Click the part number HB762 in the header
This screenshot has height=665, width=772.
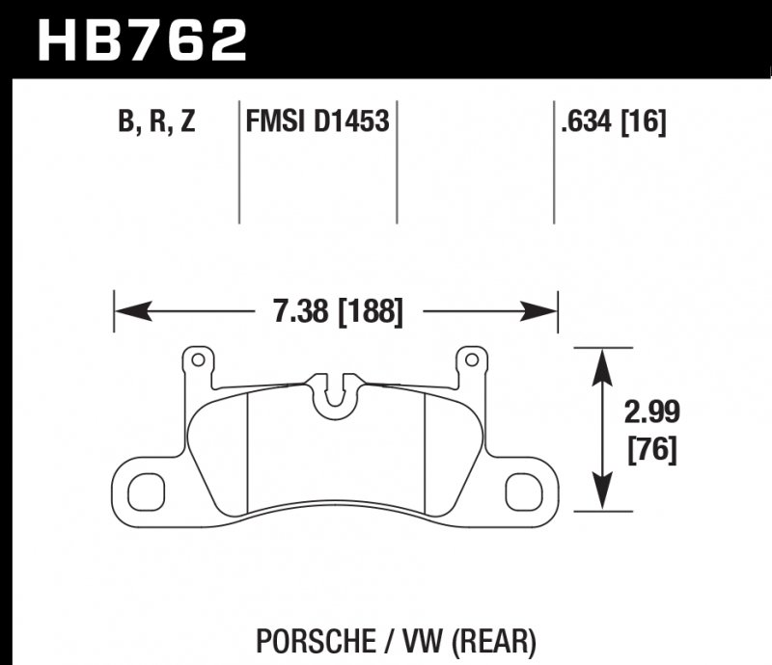point(142,40)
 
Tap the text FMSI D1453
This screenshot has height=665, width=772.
point(317,122)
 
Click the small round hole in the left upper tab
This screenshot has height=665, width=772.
point(199,360)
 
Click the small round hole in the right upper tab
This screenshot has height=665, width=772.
point(471,360)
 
